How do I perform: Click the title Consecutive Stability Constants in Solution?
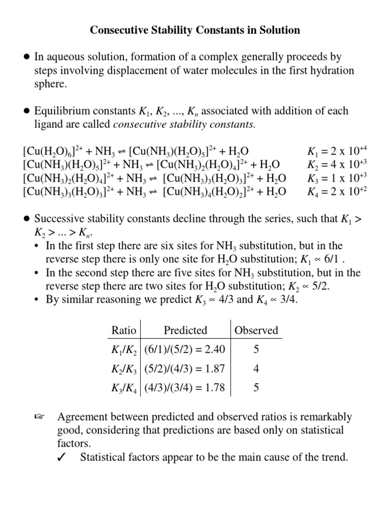[x=195, y=31]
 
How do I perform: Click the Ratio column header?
[x=124, y=330]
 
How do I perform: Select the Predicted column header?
[x=185, y=330]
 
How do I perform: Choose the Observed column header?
[x=256, y=330]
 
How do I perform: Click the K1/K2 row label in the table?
[x=124, y=350]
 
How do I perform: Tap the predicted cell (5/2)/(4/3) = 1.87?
[x=184, y=369]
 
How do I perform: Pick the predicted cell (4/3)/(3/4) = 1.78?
[x=184, y=388]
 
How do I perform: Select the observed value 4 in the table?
[x=256, y=369]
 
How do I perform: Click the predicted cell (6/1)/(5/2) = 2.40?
[x=184, y=350]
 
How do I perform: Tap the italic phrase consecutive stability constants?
[x=184, y=124]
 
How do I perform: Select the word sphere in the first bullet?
[x=50, y=84]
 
